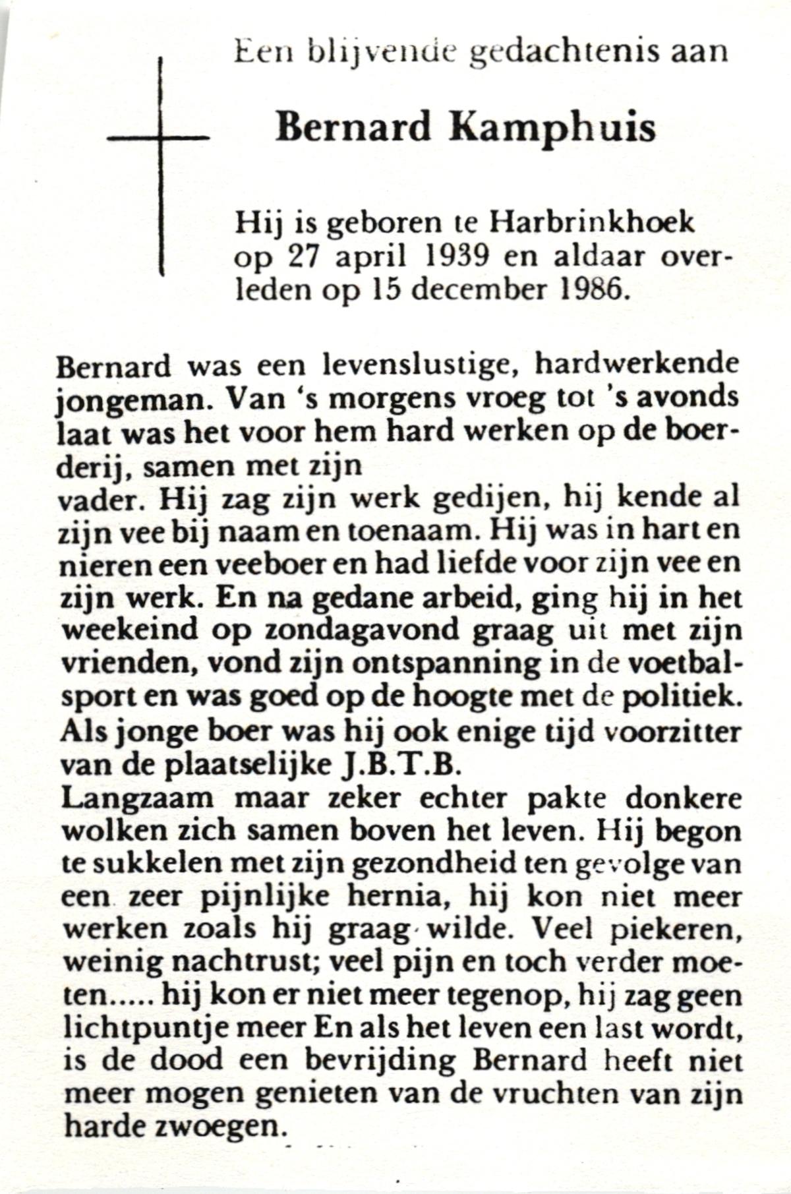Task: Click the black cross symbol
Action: (160, 138)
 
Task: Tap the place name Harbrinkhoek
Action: (591, 223)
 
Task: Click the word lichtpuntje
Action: (145, 1029)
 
